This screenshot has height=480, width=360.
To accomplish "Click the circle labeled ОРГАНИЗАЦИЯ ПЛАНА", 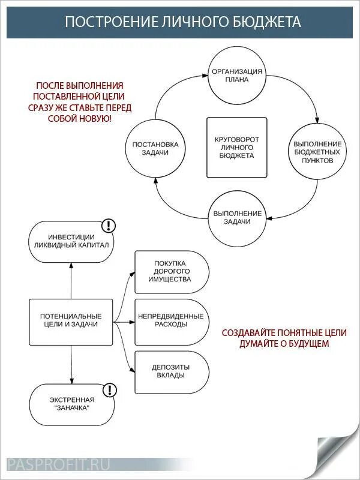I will [237, 75].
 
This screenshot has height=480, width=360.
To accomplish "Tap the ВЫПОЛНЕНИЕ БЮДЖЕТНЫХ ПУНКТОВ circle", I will [317, 152].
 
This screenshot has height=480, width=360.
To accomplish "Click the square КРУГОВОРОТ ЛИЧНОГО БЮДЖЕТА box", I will [237, 148].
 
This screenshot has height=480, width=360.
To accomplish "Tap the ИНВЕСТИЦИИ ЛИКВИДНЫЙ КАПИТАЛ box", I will [71, 241].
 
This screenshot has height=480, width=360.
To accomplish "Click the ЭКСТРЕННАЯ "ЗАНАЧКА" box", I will [71, 404].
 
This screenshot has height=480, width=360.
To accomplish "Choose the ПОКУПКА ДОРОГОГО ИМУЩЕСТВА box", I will [172, 272].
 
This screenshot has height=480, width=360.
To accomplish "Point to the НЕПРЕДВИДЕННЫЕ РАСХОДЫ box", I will [172, 320].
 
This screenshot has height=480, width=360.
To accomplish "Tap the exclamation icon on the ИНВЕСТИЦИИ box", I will [109, 226].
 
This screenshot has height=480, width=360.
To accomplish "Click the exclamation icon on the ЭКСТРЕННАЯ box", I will [109, 390].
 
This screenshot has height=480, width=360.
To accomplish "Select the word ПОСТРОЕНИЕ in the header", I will [102, 22].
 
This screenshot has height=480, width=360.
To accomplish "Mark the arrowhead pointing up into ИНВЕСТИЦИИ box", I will [71, 267].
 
